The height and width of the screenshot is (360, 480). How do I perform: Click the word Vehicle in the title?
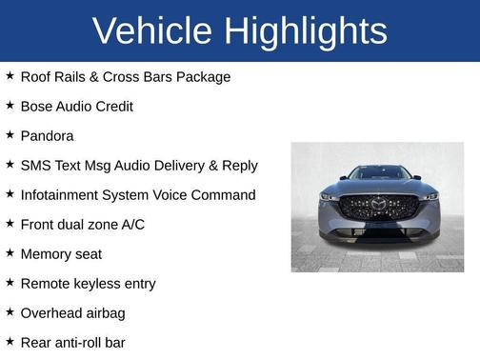tap(152, 31)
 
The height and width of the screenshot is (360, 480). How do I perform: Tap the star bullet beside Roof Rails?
tap(10, 76)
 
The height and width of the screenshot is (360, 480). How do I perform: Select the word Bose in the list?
tap(36, 106)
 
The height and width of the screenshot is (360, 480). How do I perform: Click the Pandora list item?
tap(47, 135)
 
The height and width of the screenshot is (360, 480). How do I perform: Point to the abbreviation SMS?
tap(36, 165)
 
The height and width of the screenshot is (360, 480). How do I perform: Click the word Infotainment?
tap(63, 194)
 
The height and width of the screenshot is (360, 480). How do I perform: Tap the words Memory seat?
tap(61, 253)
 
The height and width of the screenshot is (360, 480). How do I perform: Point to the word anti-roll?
tap(84, 342)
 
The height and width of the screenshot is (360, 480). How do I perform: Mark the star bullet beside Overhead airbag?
tap(10, 312)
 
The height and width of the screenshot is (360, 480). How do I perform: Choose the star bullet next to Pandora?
tap(10, 135)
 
